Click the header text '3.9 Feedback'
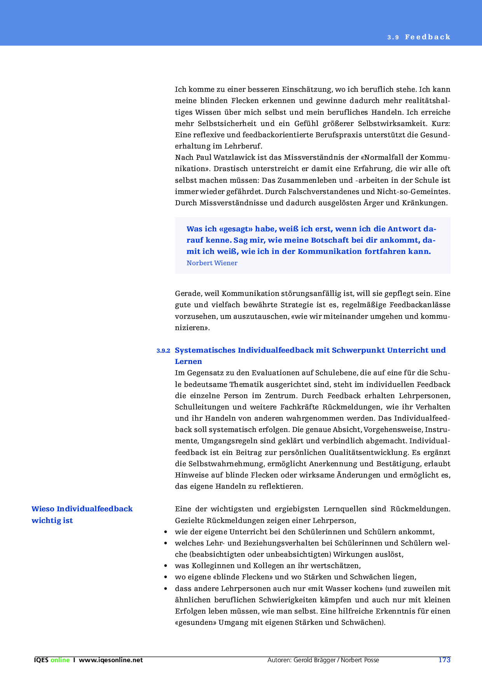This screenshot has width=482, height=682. pos(419,37)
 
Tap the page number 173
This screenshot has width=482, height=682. pos(444,660)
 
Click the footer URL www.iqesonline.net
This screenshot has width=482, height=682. pos(111,660)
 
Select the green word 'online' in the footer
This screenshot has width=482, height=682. pos(60,660)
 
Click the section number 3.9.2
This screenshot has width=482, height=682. pos(163,351)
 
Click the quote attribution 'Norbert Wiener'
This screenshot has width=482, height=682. pos(212,263)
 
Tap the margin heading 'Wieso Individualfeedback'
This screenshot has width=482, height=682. pos(82,509)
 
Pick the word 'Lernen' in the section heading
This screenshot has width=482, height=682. pos(189,362)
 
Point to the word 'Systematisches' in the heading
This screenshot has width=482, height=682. pos(205,350)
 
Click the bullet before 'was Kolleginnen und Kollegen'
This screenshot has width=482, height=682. pos(166,566)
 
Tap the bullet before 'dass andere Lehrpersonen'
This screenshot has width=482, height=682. pos(166,589)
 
